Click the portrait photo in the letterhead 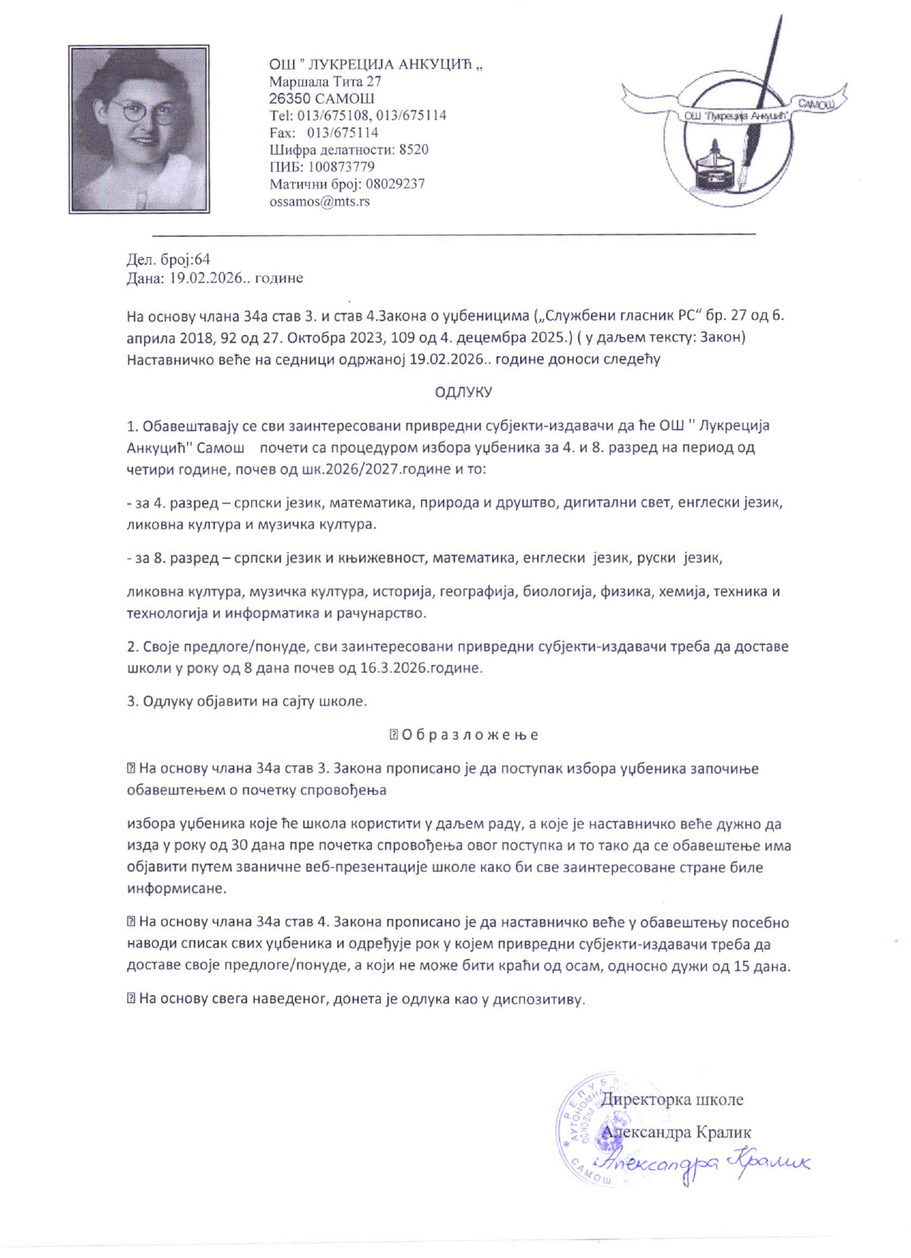pyautogui.click(x=139, y=129)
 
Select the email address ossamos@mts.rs pyautogui.click(x=319, y=201)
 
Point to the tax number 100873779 pyautogui.click(x=341, y=167)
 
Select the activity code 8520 pyautogui.click(x=414, y=150)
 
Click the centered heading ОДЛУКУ pyautogui.click(x=464, y=392)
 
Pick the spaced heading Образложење pyautogui.click(x=469, y=735)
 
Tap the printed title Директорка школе pyautogui.click(x=671, y=1099)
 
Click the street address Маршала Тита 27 pyautogui.click(x=325, y=82)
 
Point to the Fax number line pyautogui.click(x=323, y=132)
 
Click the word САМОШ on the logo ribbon pyautogui.click(x=815, y=105)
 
